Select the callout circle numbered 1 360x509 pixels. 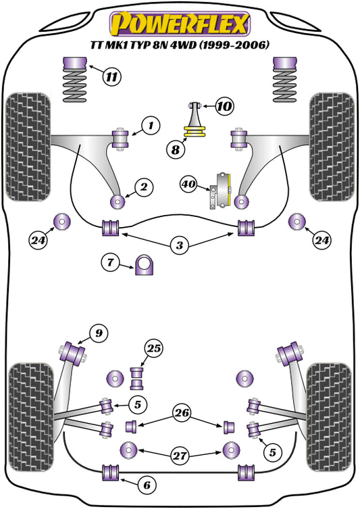click(x=151, y=125)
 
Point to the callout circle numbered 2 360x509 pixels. click(x=143, y=187)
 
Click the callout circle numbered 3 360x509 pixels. click(x=179, y=246)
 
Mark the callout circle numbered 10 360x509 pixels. click(x=224, y=106)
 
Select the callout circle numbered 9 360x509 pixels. click(x=98, y=333)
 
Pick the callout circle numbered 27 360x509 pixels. click(x=180, y=456)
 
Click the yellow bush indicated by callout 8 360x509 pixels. click(x=195, y=130)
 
